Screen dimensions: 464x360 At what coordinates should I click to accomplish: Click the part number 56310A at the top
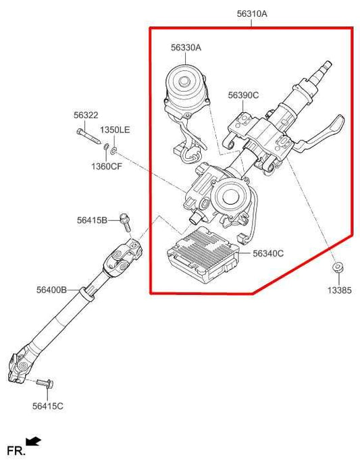pos(251,13)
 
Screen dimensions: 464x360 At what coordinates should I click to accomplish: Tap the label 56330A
pos(186,47)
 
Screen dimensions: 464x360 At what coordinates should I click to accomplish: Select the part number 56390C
pos(242,95)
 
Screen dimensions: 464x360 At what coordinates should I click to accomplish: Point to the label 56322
pos(86,115)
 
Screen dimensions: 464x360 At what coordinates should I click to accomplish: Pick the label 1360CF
pos(107,166)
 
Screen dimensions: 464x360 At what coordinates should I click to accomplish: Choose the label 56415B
pos(91,220)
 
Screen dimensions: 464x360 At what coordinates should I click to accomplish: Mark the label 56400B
pos(51,290)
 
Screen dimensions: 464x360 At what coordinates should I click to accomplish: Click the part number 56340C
pos(268,253)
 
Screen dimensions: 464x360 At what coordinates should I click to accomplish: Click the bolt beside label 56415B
pos(125,217)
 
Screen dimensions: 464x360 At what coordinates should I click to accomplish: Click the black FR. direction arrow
pos(33,441)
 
